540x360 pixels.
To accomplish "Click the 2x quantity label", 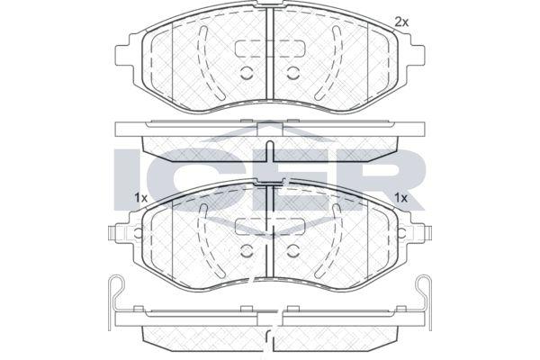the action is pos(401,22).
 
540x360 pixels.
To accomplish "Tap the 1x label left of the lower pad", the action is pos(140,198).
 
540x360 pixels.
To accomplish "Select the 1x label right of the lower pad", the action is pos(400,198).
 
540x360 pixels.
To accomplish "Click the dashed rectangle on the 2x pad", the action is pos(270,49).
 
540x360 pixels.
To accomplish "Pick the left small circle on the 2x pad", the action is pos(247,73).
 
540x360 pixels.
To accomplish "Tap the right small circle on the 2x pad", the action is pos(293,73).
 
